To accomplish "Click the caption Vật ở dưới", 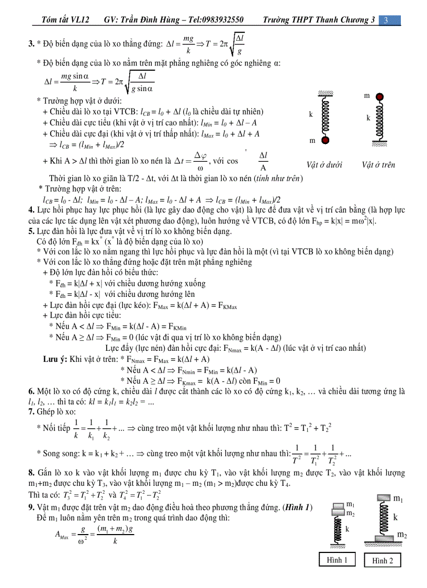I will (324, 165).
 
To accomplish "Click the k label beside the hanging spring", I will (311, 114).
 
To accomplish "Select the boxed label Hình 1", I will (338, 560).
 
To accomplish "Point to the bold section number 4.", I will (31, 210).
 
